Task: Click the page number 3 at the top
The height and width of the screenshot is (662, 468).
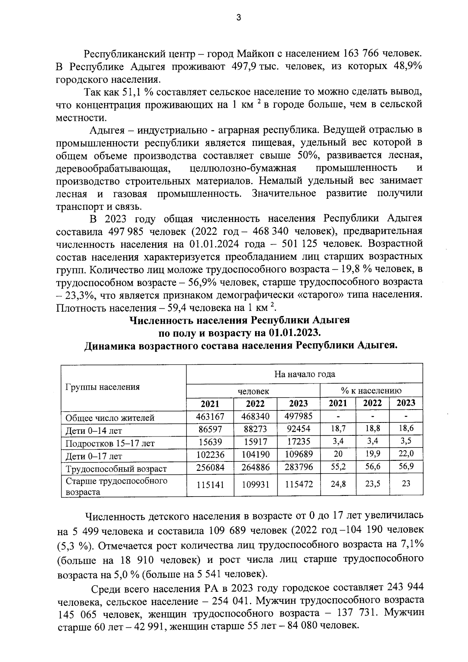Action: (239, 18)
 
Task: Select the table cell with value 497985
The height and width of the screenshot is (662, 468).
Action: (298, 416)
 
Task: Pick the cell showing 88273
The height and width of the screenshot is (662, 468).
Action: (255, 429)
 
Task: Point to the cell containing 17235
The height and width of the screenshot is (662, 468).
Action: (298, 442)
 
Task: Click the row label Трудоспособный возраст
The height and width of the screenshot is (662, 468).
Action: (116, 469)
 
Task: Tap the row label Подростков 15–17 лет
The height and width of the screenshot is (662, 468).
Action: (110, 444)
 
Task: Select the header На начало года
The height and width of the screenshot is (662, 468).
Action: (304, 374)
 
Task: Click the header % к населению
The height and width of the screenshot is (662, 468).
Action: (371, 390)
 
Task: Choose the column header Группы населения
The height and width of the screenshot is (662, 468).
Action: (103, 387)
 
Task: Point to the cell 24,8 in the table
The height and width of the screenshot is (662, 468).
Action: (338, 484)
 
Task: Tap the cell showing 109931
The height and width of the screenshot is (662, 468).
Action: (255, 485)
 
